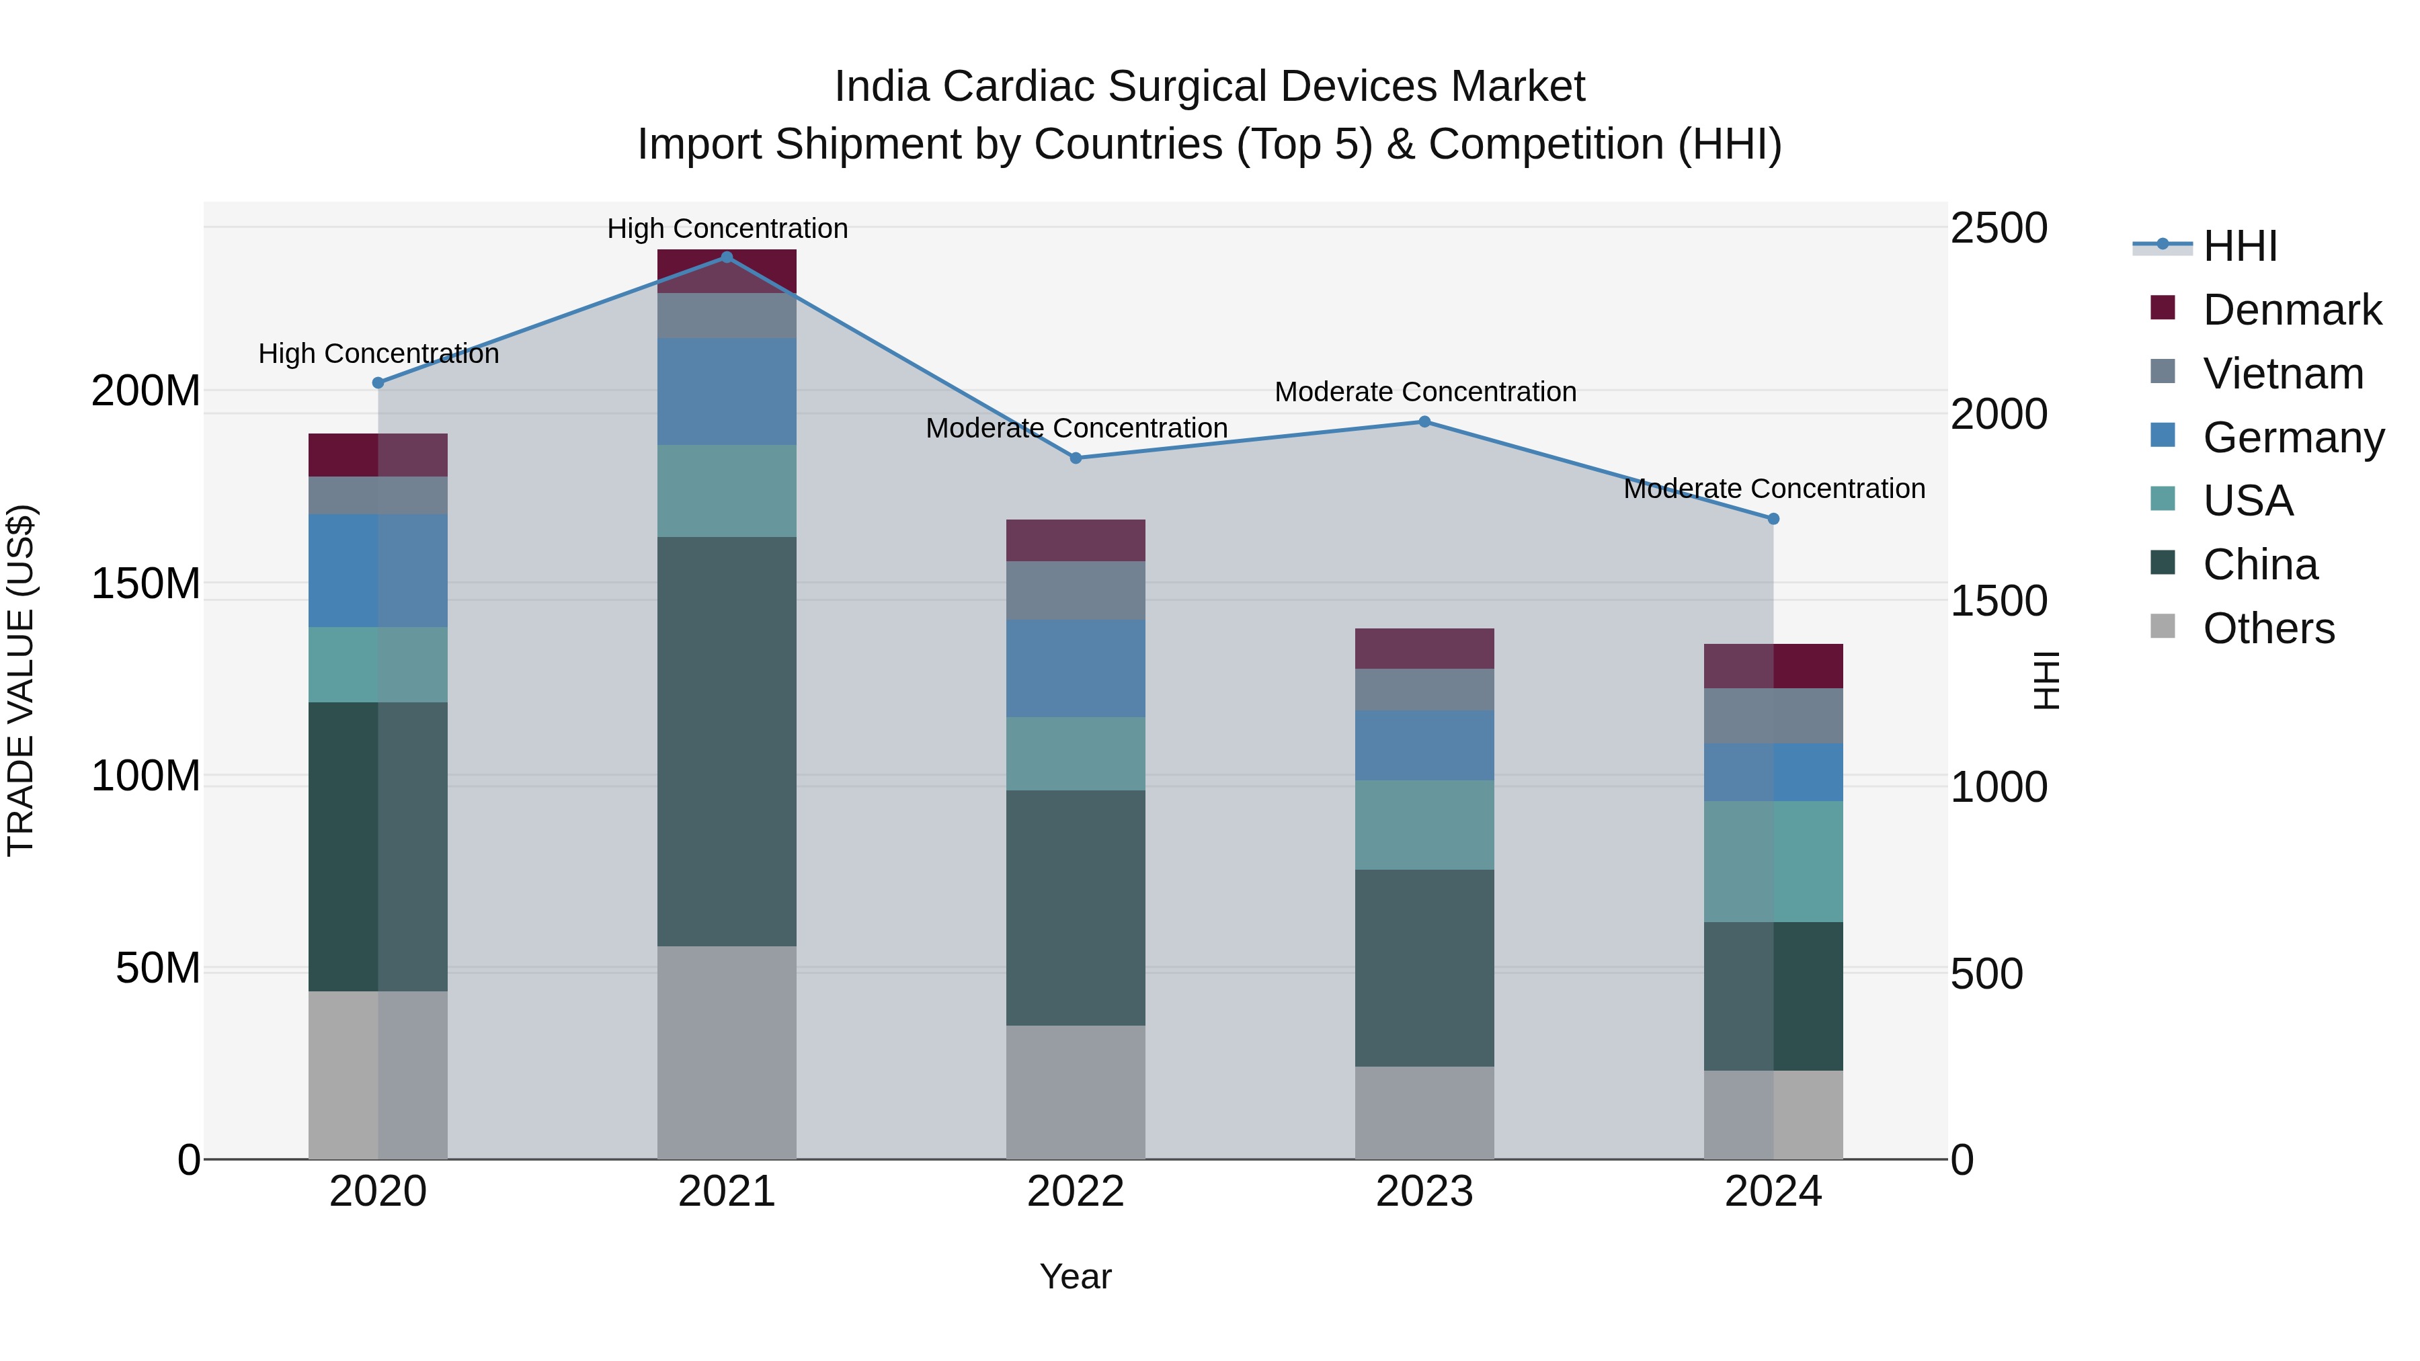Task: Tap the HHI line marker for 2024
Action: pyautogui.click(x=1773, y=518)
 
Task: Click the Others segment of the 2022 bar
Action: pyautogui.click(x=1076, y=1091)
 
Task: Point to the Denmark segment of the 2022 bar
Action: pyautogui.click(x=1076, y=540)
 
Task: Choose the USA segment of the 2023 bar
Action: pyautogui.click(x=1424, y=825)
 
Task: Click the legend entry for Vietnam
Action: pyautogui.click(x=2282, y=373)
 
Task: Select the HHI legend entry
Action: pyautogui.click(x=2240, y=246)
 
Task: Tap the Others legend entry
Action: pyautogui.click(x=2268, y=628)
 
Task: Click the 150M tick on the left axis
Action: pyautogui.click(x=146, y=583)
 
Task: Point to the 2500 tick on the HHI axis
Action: pyautogui.click(x=1999, y=229)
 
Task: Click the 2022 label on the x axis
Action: pyautogui.click(x=1076, y=1192)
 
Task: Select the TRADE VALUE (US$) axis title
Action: pyautogui.click(x=21, y=680)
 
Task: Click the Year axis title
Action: pyautogui.click(x=1076, y=1276)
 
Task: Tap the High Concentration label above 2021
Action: pyautogui.click(x=727, y=229)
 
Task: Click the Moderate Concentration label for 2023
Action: pyautogui.click(x=1424, y=392)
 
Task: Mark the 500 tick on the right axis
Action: pyautogui.click(x=1986, y=974)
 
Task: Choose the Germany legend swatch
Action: pyautogui.click(x=2163, y=436)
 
